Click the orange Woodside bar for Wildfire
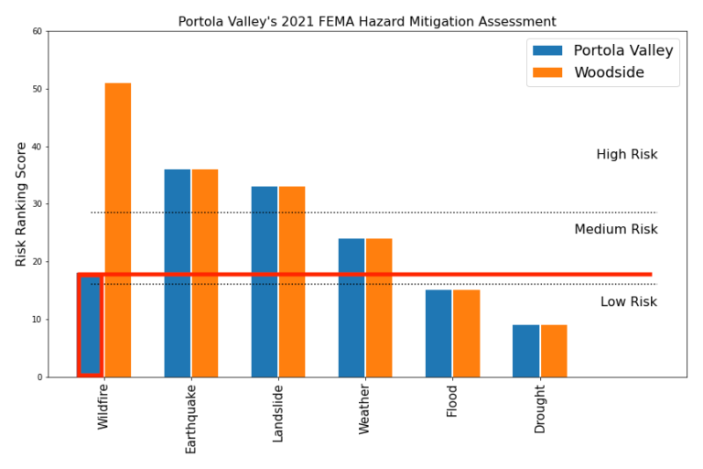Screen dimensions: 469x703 (x=118, y=229)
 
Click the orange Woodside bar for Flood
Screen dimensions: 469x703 (x=466, y=333)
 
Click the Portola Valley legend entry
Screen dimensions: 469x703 (x=622, y=51)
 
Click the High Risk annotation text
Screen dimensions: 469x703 (x=626, y=155)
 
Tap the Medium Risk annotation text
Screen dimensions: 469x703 (x=615, y=229)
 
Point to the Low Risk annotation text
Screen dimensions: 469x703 (x=628, y=302)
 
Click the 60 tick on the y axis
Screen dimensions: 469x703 (x=37, y=31)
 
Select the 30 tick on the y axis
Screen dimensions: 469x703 (x=37, y=204)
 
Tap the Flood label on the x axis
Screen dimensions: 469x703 (x=452, y=401)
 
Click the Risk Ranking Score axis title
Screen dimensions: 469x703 (x=21, y=204)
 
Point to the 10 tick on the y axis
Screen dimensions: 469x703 (x=37, y=320)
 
